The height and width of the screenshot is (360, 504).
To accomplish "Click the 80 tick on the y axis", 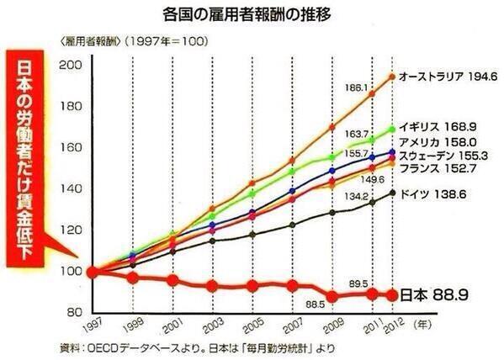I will tap(74, 313).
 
